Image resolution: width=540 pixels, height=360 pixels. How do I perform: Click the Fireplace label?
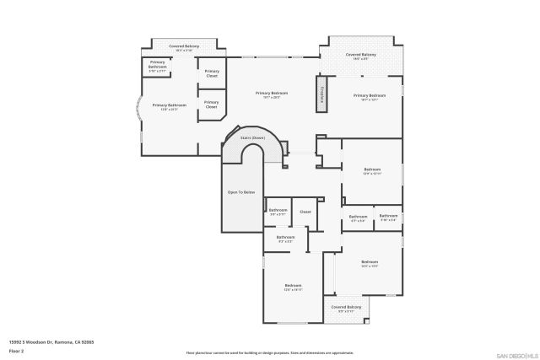(321, 94)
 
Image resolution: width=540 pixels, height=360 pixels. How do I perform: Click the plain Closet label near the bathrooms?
(305, 212)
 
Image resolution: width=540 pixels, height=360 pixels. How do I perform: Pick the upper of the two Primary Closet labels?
(211, 73)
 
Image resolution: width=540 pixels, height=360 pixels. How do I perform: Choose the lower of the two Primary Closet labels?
(211, 105)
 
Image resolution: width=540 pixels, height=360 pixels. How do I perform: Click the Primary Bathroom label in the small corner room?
(158, 65)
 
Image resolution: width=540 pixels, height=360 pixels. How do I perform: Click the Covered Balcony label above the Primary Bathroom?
(184, 48)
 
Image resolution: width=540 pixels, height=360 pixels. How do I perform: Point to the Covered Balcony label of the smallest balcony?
(345, 309)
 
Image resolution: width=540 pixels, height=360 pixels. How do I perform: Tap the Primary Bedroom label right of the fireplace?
(370, 97)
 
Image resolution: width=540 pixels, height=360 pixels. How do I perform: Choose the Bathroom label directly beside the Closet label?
(278, 211)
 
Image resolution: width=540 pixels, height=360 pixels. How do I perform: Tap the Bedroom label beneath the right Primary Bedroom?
(372, 171)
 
